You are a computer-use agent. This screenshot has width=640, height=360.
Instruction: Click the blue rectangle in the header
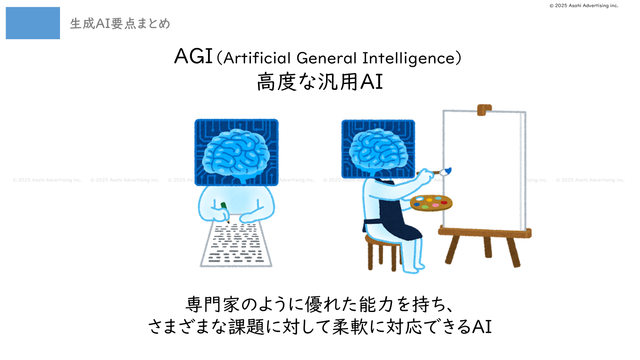click(33, 23)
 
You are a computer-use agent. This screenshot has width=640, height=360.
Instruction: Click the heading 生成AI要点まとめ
click(120, 24)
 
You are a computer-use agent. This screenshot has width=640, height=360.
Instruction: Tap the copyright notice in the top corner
click(584, 6)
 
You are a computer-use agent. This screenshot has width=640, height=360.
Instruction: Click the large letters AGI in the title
click(194, 56)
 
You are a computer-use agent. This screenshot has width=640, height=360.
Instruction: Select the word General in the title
click(327, 58)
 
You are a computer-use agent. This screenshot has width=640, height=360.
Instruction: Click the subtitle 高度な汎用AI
click(320, 82)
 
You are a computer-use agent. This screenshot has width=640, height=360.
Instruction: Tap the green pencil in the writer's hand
click(225, 212)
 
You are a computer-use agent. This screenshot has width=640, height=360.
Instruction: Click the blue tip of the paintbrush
click(448, 170)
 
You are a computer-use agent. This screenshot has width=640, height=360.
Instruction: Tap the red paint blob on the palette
click(444, 202)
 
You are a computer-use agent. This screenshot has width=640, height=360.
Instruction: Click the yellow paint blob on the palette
click(429, 200)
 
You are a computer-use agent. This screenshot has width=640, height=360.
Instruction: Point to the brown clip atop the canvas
click(484, 110)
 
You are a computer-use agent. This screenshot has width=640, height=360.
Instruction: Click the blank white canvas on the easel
click(483, 170)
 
